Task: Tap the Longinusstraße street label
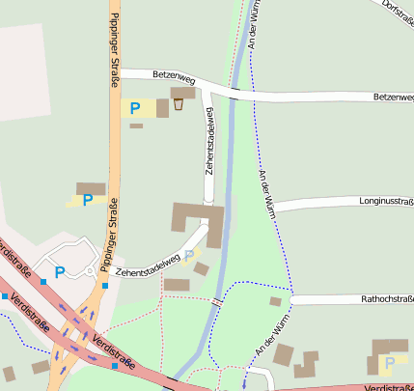point(386,202)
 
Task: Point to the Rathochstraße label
point(386,299)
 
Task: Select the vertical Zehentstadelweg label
point(209,143)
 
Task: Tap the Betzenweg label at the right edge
point(393,97)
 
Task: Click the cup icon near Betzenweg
point(178,104)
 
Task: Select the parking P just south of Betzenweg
point(135,108)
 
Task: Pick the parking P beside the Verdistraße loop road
point(59,272)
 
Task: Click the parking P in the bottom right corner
point(389,363)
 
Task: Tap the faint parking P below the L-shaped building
point(189,256)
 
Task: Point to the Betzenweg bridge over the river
point(235,93)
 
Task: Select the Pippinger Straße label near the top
point(114,43)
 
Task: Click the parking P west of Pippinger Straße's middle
point(88,200)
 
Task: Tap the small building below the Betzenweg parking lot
point(136,126)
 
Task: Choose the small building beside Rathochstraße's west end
point(275,301)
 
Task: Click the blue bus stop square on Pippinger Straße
point(103,286)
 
